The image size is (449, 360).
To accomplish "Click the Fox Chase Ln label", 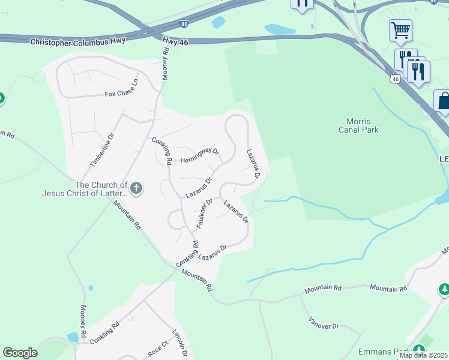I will (122, 94).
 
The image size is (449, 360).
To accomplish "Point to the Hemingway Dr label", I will (200, 155).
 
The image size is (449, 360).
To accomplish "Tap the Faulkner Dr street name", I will (204, 214).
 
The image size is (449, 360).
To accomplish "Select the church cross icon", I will (136, 189).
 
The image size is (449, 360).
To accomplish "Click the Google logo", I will (20, 353).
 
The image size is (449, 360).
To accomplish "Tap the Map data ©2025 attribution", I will (424, 355).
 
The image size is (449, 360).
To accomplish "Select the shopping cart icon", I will (400, 29).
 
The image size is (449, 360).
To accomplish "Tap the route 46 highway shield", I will (394, 79).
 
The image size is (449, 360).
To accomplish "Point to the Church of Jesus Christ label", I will (85, 189).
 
